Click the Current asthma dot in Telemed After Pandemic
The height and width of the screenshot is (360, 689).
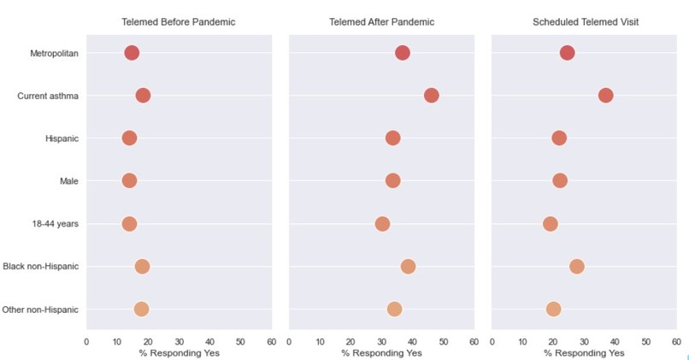point(431,95)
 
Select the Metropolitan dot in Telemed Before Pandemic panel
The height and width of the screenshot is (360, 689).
point(132,53)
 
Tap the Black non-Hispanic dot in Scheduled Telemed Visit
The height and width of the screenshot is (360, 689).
point(577,267)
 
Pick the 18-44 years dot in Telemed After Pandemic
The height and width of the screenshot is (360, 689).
point(382,224)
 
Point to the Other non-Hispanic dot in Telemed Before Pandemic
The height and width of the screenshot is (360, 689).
point(141,310)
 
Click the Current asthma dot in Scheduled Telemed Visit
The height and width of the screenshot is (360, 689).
point(606,95)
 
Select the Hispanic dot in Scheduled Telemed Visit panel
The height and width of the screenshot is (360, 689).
point(559,138)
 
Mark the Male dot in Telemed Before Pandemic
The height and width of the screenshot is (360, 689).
point(129,180)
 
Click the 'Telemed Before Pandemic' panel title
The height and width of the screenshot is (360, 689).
point(179,21)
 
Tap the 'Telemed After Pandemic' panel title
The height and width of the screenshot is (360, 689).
point(381,21)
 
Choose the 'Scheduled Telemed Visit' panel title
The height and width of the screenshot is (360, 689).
point(584,21)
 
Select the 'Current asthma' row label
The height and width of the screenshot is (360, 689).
point(48,96)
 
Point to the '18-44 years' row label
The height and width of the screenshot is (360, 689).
point(55,224)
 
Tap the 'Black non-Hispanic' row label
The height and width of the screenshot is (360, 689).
point(41,267)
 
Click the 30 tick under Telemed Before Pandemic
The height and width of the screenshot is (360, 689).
point(179,341)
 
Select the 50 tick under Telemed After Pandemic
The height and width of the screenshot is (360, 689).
point(443,341)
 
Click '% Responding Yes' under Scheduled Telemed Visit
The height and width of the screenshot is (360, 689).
point(584,352)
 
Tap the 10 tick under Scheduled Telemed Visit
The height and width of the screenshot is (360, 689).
point(522,341)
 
